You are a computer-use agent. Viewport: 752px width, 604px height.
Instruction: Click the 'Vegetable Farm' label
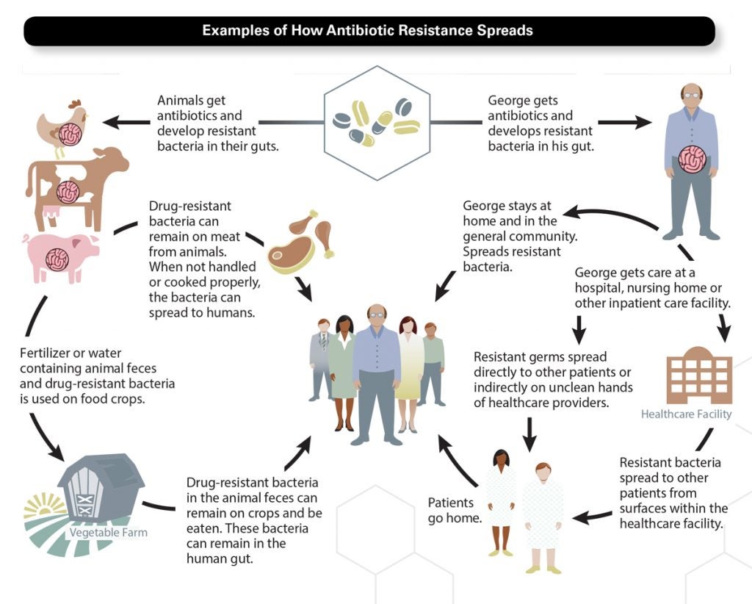[x=109, y=533]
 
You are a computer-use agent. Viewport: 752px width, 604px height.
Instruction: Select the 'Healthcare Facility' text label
[x=686, y=414]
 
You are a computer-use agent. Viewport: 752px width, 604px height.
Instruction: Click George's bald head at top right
[x=690, y=95]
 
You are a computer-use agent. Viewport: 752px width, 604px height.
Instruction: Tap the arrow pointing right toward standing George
[x=624, y=122]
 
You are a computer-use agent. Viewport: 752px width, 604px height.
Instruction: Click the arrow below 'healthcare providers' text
[x=529, y=434]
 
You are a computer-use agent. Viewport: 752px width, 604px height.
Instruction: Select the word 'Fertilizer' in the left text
[x=48, y=353]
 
